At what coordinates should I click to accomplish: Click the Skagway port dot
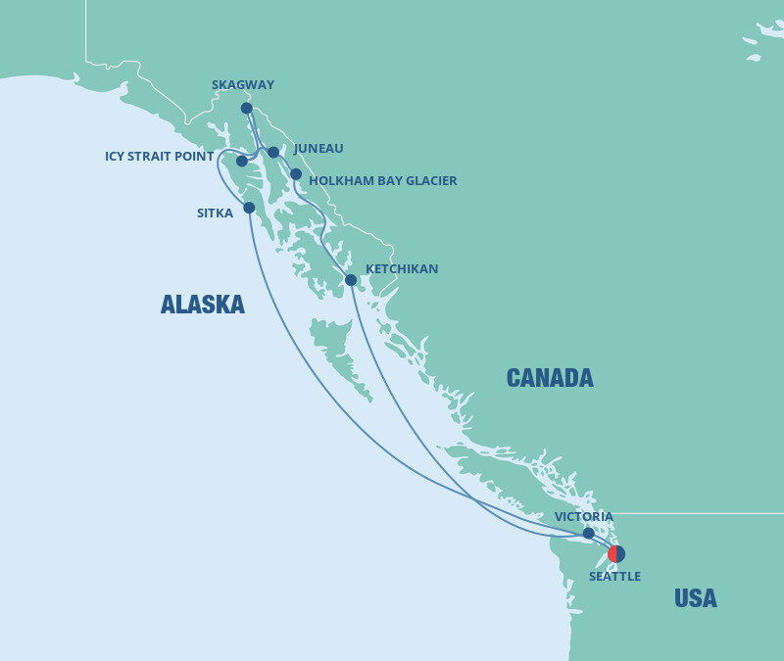(247, 108)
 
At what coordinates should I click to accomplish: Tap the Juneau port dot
(273, 152)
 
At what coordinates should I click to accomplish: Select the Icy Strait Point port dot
(242, 161)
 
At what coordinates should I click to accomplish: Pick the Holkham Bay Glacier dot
(296, 174)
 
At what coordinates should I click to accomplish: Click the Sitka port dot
(249, 208)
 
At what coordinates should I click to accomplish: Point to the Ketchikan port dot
(351, 280)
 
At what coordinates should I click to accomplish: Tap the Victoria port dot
(588, 534)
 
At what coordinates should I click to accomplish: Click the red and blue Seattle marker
(616, 553)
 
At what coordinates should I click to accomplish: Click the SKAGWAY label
(243, 85)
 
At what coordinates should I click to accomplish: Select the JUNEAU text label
(318, 149)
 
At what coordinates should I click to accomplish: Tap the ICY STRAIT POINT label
(160, 157)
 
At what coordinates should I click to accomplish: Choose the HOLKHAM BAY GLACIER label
(382, 181)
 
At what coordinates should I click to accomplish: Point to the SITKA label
(215, 212)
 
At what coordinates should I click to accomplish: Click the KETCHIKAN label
(402, 268)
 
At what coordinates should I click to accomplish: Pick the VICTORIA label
(583, 516)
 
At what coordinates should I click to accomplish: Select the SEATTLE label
(614, 577)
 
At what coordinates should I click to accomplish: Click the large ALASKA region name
(203, 305)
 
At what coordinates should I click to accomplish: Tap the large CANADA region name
(550, 378)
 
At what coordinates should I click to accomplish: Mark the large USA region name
(695, 598)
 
